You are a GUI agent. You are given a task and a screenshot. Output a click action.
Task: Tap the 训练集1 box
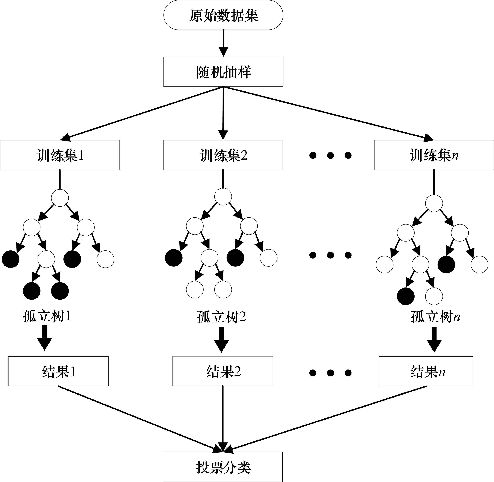[60, 155]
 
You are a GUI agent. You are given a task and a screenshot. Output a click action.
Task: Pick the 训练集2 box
[223, 155]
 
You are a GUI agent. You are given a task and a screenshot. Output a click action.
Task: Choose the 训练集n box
[434, 155]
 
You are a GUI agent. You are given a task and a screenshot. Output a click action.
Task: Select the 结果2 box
[223, 371]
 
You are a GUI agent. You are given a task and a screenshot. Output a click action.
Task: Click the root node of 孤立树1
[60, 198]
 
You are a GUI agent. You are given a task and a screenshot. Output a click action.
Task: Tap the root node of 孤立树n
[434, 203]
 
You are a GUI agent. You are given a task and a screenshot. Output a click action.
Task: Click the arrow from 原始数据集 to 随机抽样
[223, 43]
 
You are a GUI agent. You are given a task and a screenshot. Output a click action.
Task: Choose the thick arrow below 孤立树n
[434, 339]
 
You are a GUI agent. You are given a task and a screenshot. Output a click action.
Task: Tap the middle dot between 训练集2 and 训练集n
[330, 155]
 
